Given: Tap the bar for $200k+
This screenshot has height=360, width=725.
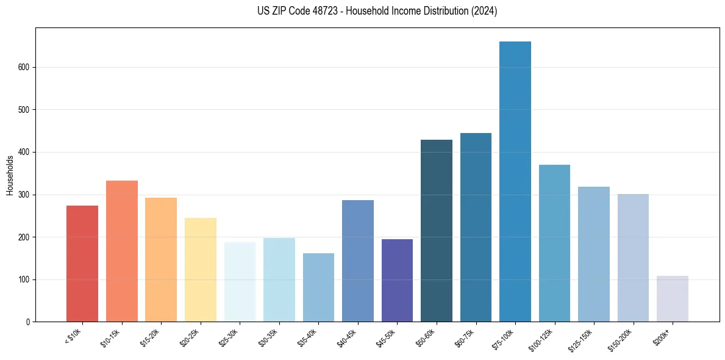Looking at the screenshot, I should [673, 299].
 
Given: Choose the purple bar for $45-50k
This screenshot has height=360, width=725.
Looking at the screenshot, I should [397, 281].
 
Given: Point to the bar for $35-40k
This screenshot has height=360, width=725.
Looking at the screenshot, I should [318, 287].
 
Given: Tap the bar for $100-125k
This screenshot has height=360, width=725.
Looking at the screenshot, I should [554, 243].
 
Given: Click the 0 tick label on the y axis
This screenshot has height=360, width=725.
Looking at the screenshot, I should [28, 322].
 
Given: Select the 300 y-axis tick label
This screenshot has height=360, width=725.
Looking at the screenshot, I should [24, 195].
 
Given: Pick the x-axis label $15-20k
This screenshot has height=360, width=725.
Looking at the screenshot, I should [152, 338].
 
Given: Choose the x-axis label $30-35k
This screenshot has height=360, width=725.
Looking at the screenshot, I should [270, 338].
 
